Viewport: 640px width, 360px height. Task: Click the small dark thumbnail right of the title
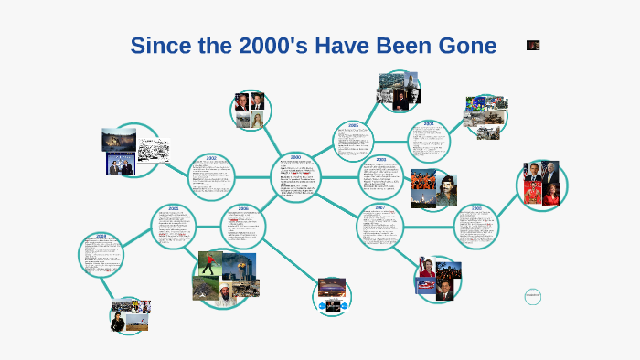point(533,45)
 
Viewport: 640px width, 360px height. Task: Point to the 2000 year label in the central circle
point(295,157)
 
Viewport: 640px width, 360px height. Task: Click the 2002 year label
point(211,157)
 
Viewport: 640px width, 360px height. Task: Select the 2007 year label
point(380,207)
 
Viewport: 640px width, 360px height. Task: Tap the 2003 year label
point(380,159)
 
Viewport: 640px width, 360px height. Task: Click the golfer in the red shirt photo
point(210,264)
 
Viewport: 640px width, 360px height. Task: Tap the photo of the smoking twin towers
point(240,266)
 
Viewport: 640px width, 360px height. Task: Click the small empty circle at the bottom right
point(534,296)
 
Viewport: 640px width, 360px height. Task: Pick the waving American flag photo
point(426,284)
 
